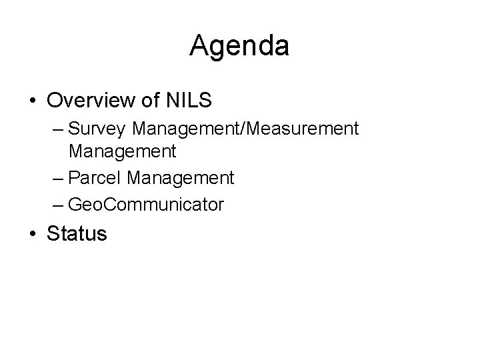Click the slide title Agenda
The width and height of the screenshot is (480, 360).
pos(239,46)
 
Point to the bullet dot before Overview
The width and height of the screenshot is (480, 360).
pos(33,101)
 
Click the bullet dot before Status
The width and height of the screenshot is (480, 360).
pos(33,234)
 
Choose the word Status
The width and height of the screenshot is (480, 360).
pos(77,234)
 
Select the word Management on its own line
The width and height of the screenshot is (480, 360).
pos(123,151)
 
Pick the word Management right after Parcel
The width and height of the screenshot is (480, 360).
pos(180,179)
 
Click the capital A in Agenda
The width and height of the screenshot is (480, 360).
pos(199,46)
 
